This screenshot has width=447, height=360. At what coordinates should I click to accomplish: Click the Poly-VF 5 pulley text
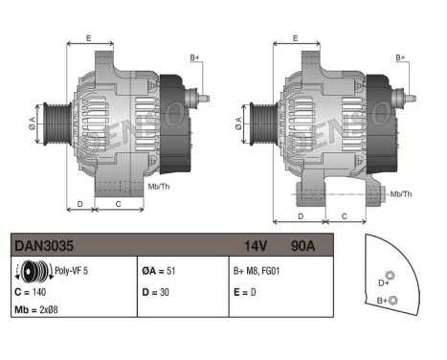(72, 271)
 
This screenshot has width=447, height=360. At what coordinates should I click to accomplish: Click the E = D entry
(245, 290)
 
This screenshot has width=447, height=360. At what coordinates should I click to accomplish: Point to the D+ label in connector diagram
(384, 282)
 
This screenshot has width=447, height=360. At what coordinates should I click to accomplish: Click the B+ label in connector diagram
(382, 302)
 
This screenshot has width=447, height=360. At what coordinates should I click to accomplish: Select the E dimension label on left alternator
(88, 37)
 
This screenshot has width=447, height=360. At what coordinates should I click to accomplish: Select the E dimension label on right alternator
(295, 37)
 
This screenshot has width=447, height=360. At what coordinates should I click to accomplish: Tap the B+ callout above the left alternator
(195, 58)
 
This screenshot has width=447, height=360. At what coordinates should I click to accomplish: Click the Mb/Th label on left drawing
(160, 186)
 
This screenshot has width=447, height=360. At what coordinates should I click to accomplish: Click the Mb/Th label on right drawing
(401, 194)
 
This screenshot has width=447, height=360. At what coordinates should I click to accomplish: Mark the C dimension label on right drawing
(344, 217)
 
